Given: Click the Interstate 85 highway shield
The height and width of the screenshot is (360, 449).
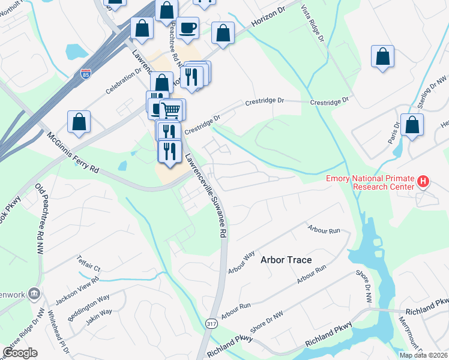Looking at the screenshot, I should [x=86, y=75].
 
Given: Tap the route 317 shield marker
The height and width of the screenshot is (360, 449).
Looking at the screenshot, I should [x=211, y=324].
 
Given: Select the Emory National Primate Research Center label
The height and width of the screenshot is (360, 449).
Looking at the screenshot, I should [x=370, y=182].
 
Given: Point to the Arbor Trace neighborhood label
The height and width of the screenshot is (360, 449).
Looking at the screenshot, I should [x=286, y=260].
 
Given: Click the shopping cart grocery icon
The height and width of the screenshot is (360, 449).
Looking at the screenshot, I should [x=170, y=110].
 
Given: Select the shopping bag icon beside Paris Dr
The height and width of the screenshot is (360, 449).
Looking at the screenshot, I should [x=412, y=125].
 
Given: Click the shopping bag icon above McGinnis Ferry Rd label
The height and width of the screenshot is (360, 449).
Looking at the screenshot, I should [x=79, y=122].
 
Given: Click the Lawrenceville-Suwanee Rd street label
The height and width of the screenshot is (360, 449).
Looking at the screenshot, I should [x=206, y=194].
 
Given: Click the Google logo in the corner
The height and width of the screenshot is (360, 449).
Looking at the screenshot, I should [x=20, y=353].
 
